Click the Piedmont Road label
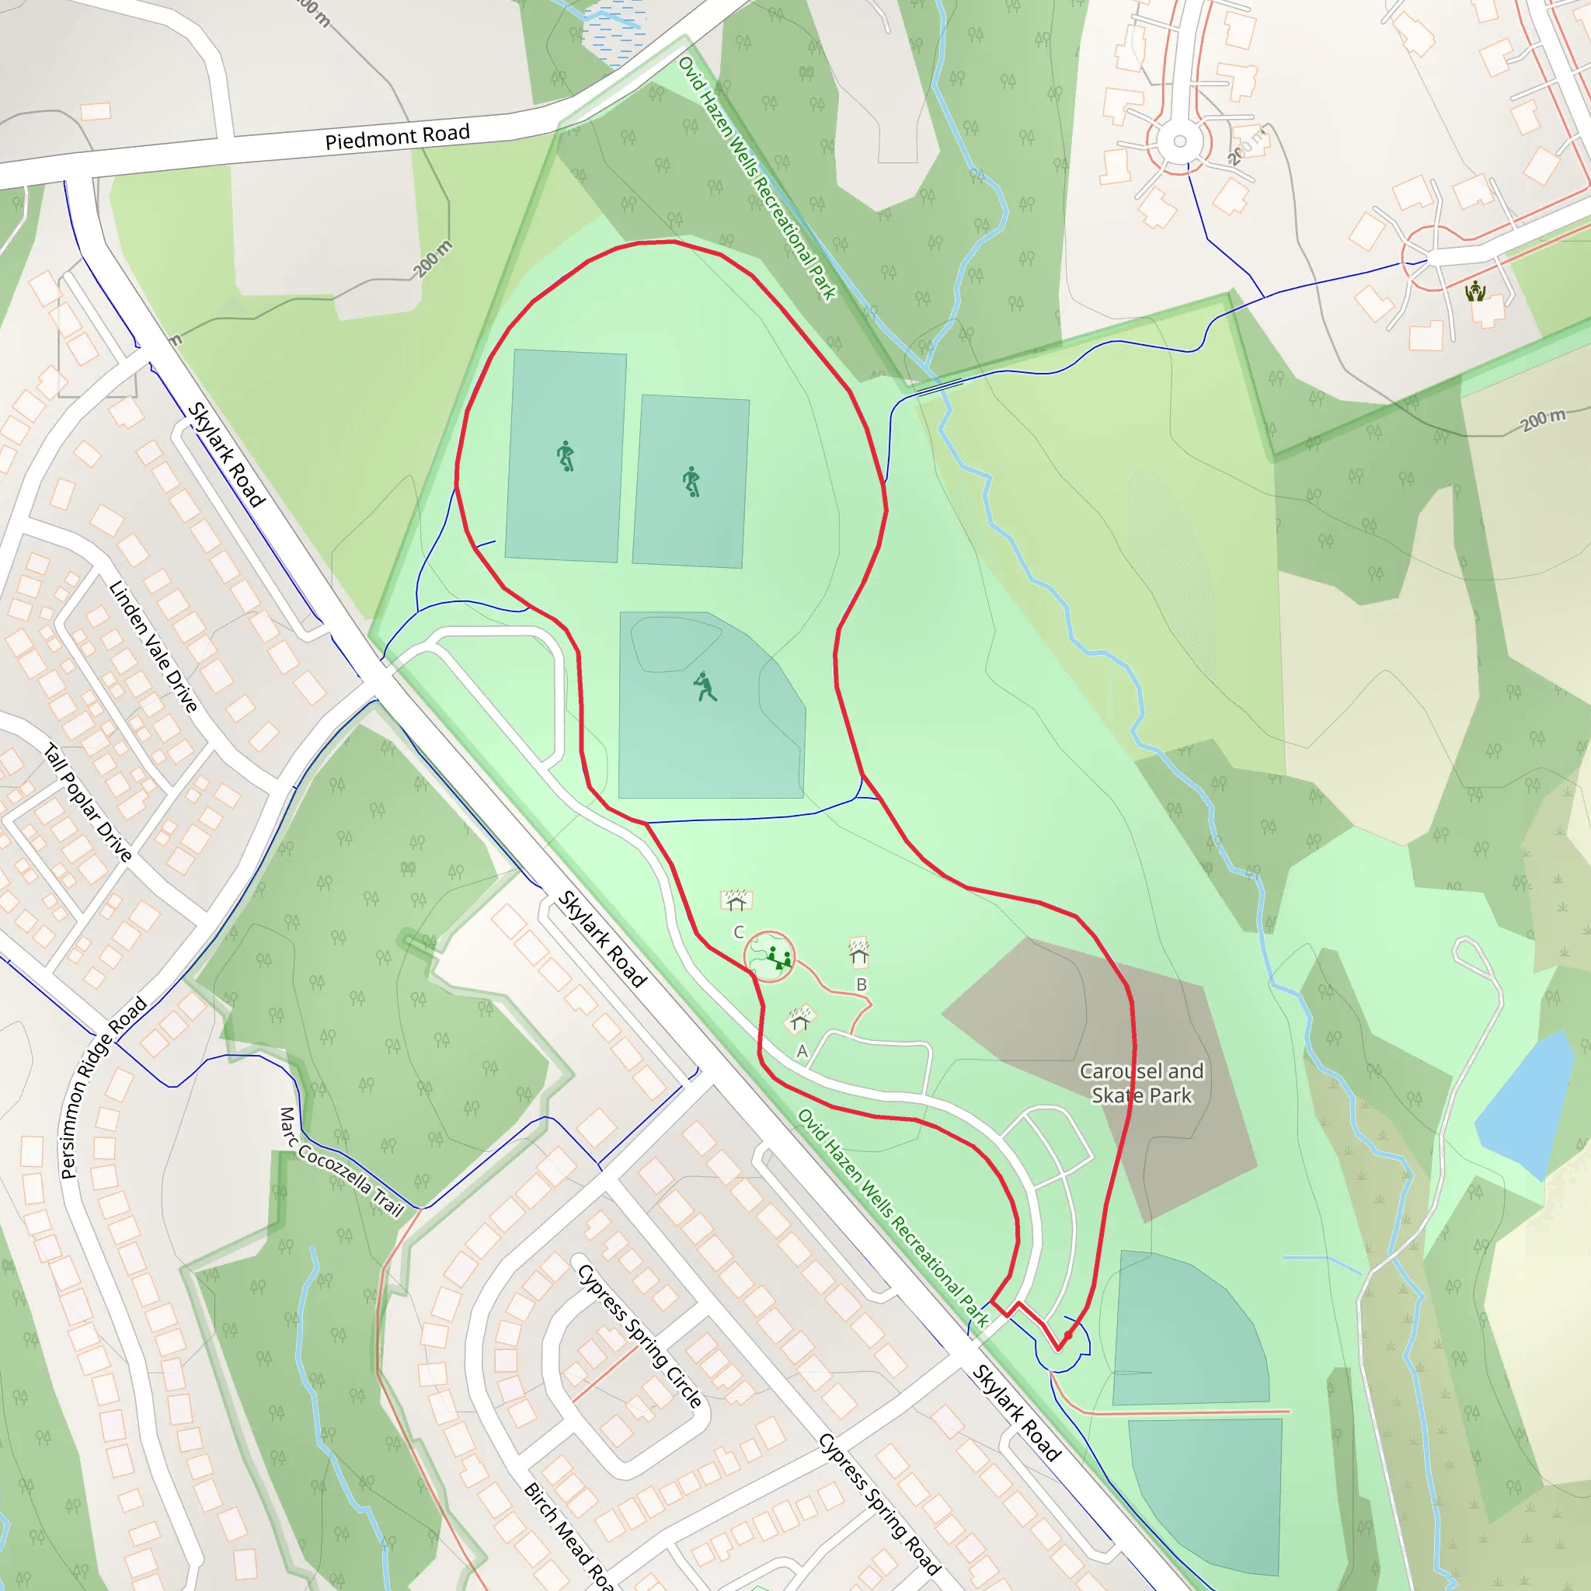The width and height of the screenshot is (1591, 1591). coord(397,137)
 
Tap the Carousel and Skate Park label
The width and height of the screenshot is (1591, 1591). coord(1141,1083)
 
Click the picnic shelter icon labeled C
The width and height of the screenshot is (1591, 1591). coord(736,900)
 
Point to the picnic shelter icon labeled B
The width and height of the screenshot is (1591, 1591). coord(859,952)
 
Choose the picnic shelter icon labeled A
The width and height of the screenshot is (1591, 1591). coord(799,1020)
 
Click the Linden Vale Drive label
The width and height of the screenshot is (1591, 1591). coord(153,646)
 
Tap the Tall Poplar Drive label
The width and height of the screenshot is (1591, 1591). coord(87,802)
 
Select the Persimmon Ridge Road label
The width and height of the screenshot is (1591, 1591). coord(103,1087)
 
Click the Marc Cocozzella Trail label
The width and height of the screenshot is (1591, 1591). coord(341,1163)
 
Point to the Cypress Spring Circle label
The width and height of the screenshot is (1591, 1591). coord(640,1335)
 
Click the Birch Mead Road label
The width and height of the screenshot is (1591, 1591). coord(568,1537)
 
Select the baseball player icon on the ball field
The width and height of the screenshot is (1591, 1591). coord(705,687)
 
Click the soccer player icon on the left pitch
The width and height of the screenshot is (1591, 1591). coord(565,455)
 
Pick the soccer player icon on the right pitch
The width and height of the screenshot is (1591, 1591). coord(691,481)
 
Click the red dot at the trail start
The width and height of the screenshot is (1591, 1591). coord(1068,1335)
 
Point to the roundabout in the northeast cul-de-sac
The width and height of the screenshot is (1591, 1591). coord(1179,141)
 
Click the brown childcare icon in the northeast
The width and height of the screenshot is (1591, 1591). coord(1475,291)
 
